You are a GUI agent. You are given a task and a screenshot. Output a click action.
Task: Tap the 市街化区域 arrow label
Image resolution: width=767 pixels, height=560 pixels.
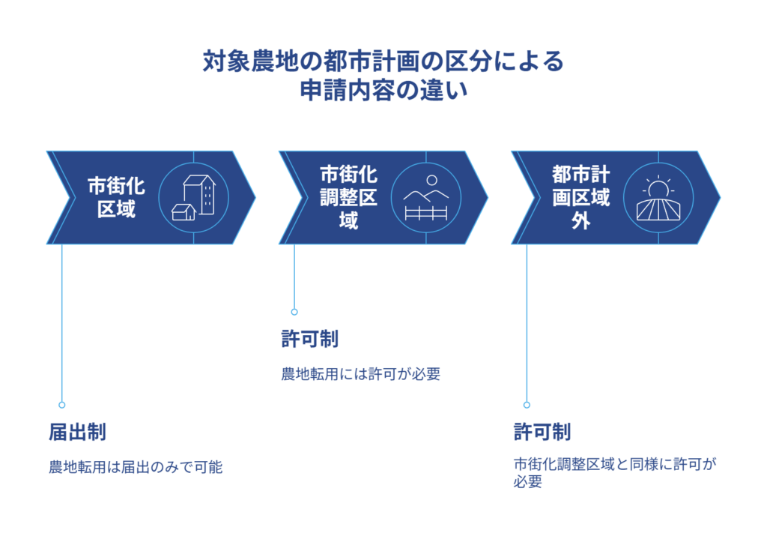[x=116, y=197]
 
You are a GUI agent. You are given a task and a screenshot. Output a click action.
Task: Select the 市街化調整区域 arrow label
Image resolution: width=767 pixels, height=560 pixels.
[x=348, y=197]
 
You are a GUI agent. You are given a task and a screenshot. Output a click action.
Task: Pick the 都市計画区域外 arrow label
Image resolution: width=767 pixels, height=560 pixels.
[x=580, y=197]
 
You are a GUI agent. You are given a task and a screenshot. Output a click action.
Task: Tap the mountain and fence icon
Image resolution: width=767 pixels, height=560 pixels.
[x=425, y=198]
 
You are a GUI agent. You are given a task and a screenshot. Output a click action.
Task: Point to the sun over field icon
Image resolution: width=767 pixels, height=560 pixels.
[x=658, y=198]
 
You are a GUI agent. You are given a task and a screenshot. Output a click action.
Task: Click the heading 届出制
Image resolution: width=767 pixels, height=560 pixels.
[x=77, y=433]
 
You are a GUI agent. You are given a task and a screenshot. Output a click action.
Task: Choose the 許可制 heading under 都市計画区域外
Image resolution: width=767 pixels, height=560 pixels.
[x=542, y=433]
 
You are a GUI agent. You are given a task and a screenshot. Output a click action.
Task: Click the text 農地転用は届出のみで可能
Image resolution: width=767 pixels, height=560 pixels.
[x=136, y=467]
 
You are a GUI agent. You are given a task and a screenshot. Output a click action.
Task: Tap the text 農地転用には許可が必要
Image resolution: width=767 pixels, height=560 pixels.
[x=361, y=374]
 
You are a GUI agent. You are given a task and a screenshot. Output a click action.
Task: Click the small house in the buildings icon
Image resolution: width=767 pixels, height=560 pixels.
[x=183, y=212]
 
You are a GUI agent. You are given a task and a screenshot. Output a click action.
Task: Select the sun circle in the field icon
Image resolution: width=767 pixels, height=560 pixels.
[x=658, y=189]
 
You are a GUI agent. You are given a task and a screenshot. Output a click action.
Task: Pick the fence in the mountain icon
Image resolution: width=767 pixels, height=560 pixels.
[x=425, y=214]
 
